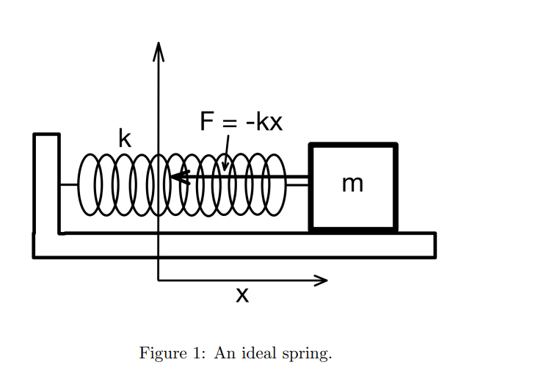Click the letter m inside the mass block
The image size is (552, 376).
(x=352, y=184)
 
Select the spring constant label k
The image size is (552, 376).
(x=125, y=138)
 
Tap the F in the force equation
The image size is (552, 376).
(x=207, y=121)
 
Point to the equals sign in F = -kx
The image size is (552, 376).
(x=229, y=122)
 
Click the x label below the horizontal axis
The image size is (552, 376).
(x=242, y=295)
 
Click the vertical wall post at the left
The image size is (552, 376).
(x=46, y=184)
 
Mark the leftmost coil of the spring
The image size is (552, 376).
(x=88, y=185)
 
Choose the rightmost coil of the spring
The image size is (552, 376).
(x=275, y=185)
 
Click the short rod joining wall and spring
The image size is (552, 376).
(x=69, y=185)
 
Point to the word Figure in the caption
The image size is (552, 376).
(x=162, y=354)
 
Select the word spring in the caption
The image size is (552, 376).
(x=306, y=354)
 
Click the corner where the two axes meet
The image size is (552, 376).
(x=158, y=280)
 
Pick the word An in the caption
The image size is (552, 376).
(x=223, y=353)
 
